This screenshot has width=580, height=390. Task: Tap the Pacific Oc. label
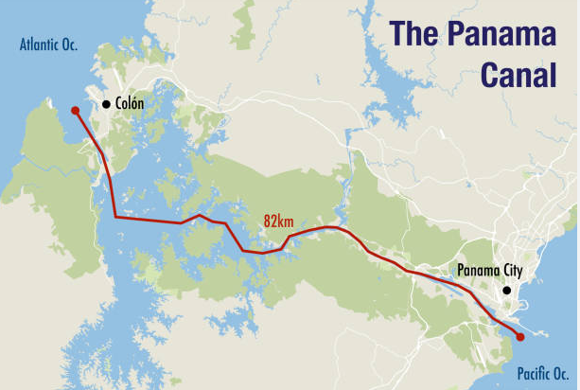541,372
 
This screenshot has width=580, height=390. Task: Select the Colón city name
130,104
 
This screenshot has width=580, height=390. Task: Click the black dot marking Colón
106,103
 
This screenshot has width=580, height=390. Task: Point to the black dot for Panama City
507,290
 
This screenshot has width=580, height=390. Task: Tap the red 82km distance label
279,221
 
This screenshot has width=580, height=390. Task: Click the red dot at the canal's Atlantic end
76,111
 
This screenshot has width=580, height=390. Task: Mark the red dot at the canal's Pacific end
519,337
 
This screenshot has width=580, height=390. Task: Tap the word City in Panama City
509,271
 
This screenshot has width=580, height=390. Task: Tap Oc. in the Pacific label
562,372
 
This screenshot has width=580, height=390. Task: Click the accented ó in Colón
133,104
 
